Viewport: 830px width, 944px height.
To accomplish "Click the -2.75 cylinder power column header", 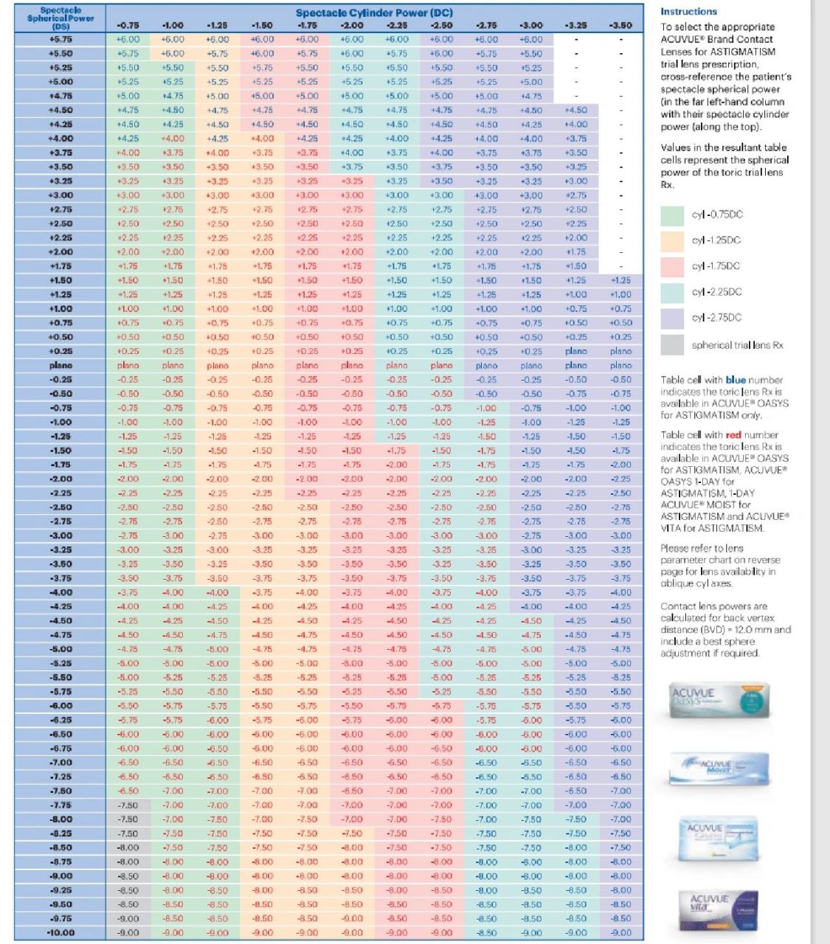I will coord(486,25).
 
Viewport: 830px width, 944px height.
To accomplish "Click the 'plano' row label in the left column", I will coord(60,365).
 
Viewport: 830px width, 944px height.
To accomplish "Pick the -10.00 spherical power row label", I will coord(60,932).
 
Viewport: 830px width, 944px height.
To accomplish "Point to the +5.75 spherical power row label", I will coord(60,39).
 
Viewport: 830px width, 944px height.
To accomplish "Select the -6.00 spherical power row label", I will coord(60,705).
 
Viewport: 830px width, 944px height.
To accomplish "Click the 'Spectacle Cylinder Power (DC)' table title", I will coord(374,13).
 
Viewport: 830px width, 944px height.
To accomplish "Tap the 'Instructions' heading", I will coord(688,12).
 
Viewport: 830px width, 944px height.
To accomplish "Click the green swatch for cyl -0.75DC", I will coord(672,215).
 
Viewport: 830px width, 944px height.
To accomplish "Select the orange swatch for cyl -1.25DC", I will coord(672,241).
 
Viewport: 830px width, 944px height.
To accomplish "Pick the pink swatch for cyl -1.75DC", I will coord(672,267).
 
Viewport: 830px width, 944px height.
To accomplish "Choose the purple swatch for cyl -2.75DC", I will coord(672,318).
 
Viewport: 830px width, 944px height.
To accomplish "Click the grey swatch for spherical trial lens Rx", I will coord(672,344).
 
